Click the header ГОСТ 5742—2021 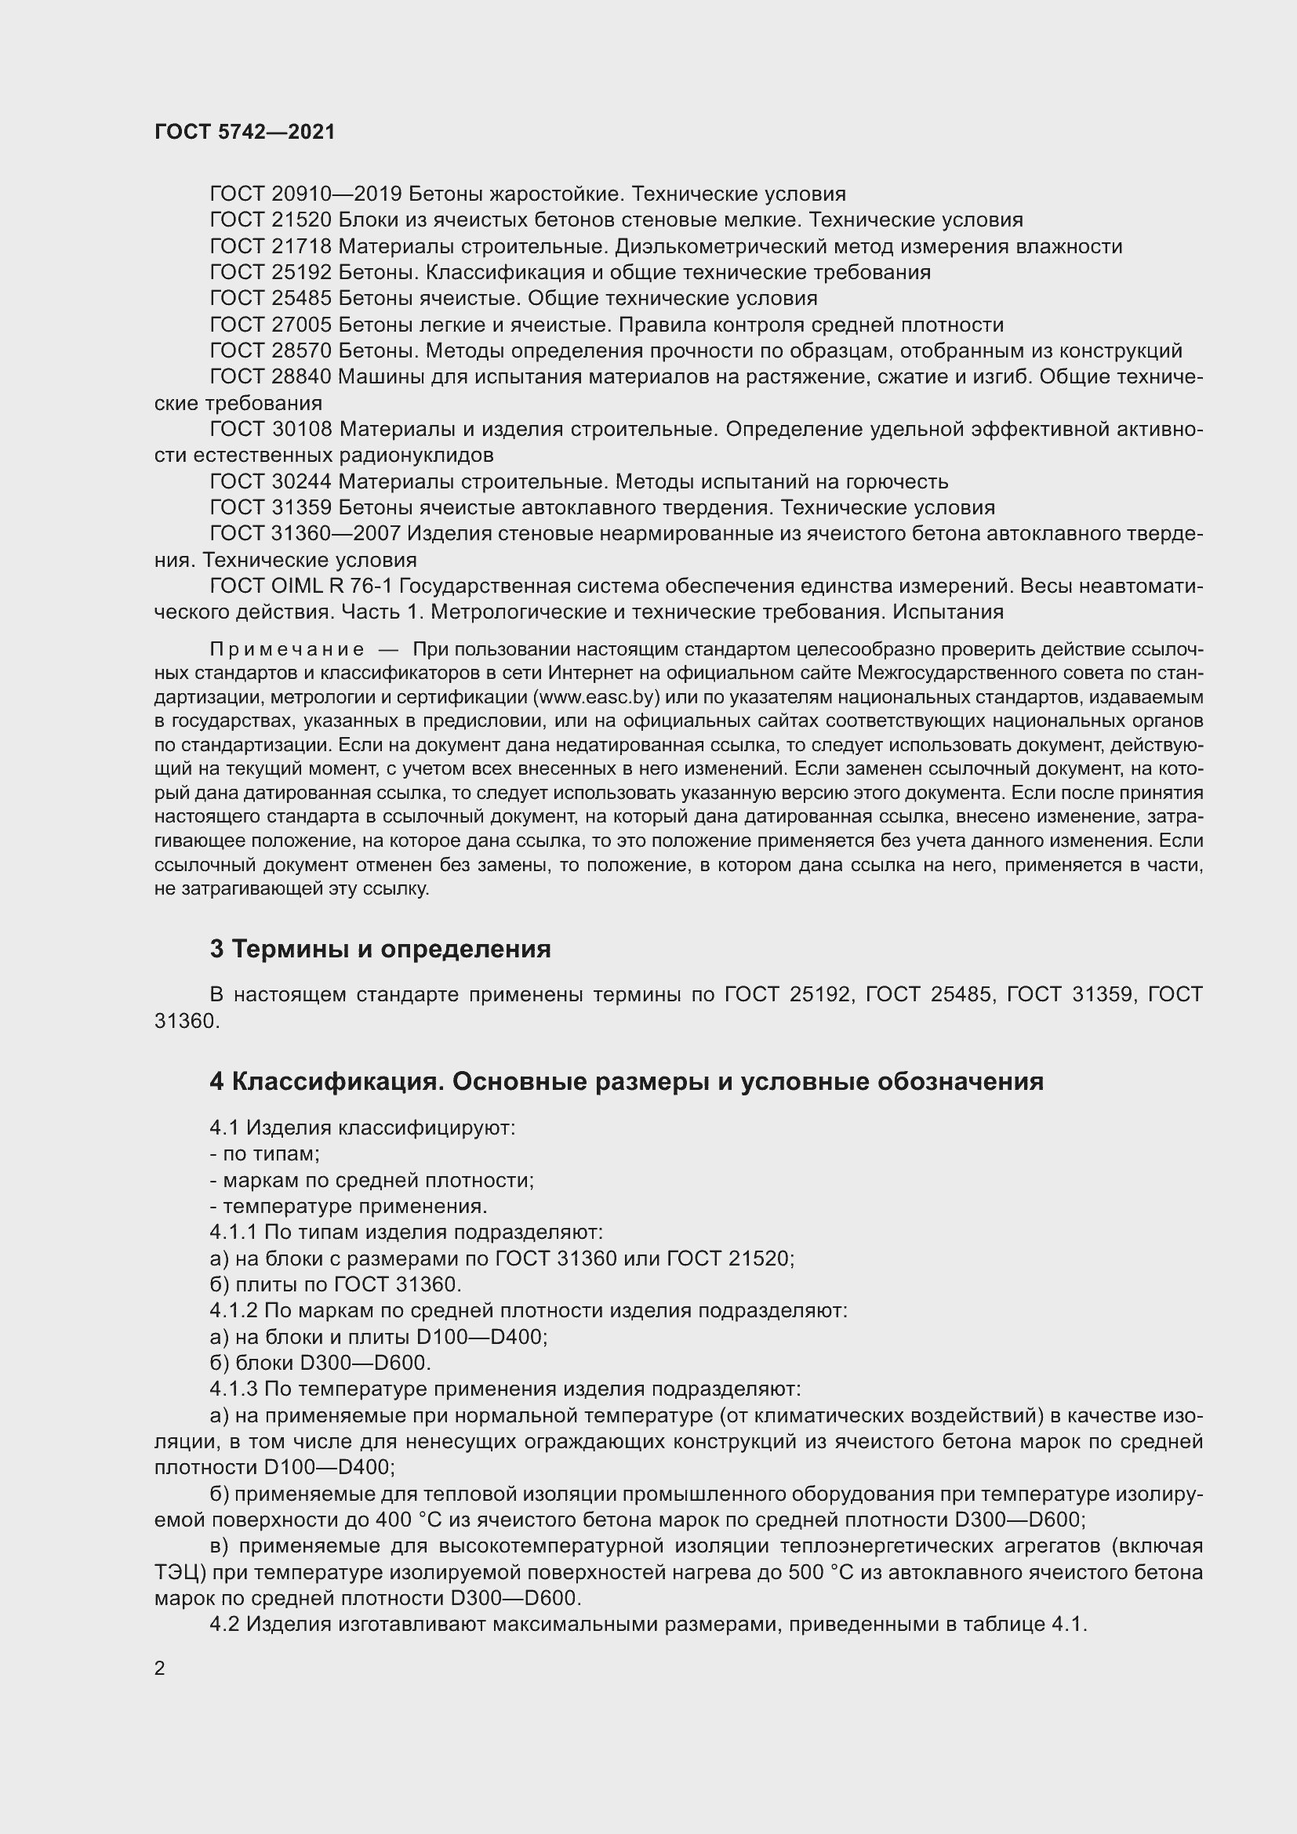pyautogui.click(x=245, y=133)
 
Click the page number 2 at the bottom pyautogui.click(x=160, y=1668)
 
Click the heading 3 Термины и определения pyautogui.click(x=380, y=949)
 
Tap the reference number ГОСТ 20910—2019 pyautogui.click(x=307, y=194)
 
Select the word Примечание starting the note pyautogui.click(x=287, y=648)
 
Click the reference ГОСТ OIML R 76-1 pyautogui.click(x=301, y=587)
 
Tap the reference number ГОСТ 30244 pyautogui.click(x=271, y=481)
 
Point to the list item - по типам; pyautogui.click(x=264, y=1153)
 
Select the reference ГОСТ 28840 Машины pyautogui.click(x=318, y=377)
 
